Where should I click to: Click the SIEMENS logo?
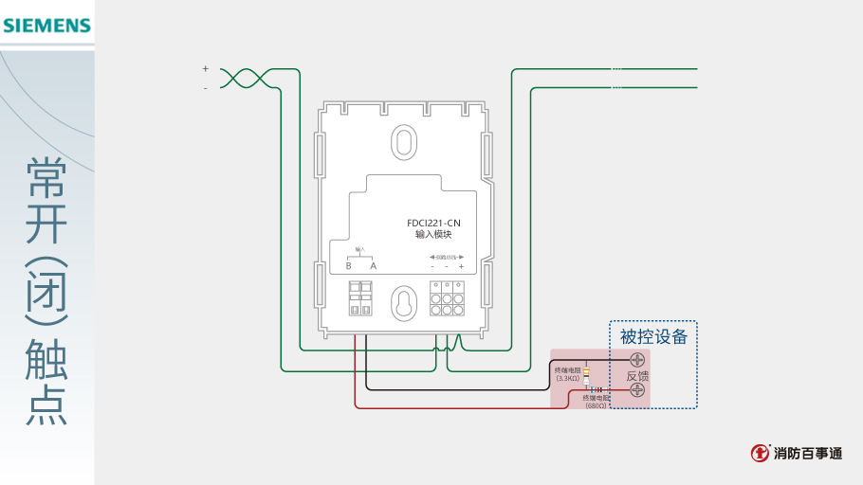tap(46, 25)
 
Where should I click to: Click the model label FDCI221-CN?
tap(433, 223)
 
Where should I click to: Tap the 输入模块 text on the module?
tap(433, 234)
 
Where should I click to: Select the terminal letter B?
tap(349, 266)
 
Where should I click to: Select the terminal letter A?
tap(373, 266)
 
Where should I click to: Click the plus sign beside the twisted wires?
tap(205, 68)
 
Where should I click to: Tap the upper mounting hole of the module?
tap(403, 143)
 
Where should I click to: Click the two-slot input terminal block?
tap(359, 297)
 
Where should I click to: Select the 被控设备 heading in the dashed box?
tap(653, 337)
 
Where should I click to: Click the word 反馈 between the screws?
tap(637, 376)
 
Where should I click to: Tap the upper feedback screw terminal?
tap(637, 360)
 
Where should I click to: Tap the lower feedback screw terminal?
tap(637, 390)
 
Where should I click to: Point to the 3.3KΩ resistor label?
tap(567, 374)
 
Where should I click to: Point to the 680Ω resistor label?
tap(597, 403)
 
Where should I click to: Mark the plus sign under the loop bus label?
tap(461, 266)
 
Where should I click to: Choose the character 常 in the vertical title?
tap(46, 177)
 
